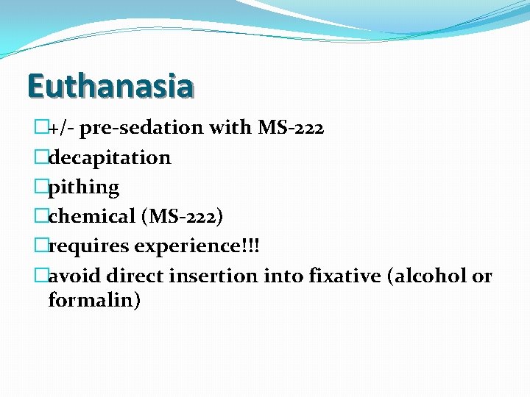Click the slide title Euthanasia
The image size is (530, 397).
tap(110, 85)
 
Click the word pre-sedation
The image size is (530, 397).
tap(141, 128)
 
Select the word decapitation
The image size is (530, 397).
tap(110, 157)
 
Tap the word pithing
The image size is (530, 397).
tap(83, 187)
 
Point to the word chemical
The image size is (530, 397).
tap(92, 217)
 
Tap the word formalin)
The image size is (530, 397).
tap(94, 300)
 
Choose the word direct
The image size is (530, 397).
tap(135, 276)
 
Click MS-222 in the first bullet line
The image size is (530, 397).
tap(291, 128)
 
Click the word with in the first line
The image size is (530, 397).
tap(230, 128)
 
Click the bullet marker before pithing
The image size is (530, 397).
tap(41, 187)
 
